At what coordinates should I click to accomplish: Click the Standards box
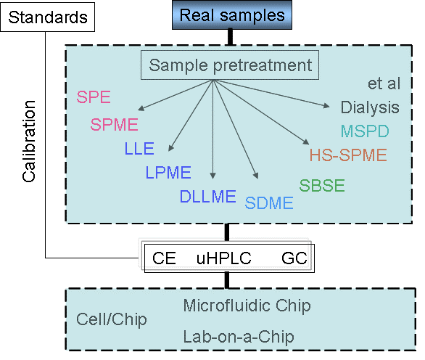(x=47, y=17)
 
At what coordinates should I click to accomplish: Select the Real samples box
(x=232, y=15)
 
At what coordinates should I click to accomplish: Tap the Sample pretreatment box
(x=230, y=65)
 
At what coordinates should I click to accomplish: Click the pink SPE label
(x=94, y=97)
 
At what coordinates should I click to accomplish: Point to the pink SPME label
(x=114, y=125)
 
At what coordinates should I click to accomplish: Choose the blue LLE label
(x=139, y=148)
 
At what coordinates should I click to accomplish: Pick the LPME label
(x=168, y=172)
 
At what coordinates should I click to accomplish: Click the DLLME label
(x=208, y=196)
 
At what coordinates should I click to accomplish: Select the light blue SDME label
(x=269, y=203)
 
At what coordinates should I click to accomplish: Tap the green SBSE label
(x=322, y=186)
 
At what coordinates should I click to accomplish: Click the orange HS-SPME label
(x=348, y=155)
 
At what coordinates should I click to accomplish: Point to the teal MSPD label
(x=365, y=131)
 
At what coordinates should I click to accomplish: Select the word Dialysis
(x=370, y=107)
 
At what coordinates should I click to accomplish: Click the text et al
(x=384, y=83)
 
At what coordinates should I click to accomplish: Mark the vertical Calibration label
(x=29, y=141)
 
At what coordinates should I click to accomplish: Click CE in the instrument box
(x=164, y=258)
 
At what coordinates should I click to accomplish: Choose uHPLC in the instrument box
(x=224, y=258)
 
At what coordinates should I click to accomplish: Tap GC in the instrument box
(x=294, y=258)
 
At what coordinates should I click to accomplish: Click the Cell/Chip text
(x=112, y=319)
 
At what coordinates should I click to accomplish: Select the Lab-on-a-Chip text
(x=239, y=337)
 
